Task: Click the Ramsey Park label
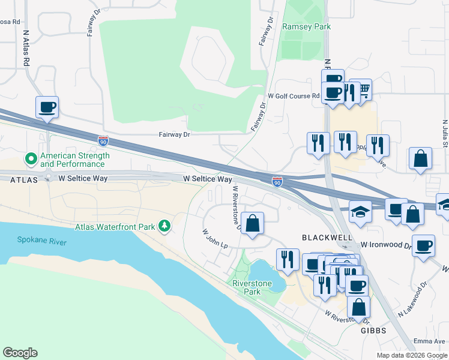coord(306,26)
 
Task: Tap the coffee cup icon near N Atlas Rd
coord(47,107)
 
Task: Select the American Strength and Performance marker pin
coord(31,159)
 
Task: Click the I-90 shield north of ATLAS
coord(103,141)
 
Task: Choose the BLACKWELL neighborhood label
coord(327,238)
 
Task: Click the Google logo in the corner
coord(20,353)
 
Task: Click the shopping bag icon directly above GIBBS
coord(358,307)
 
